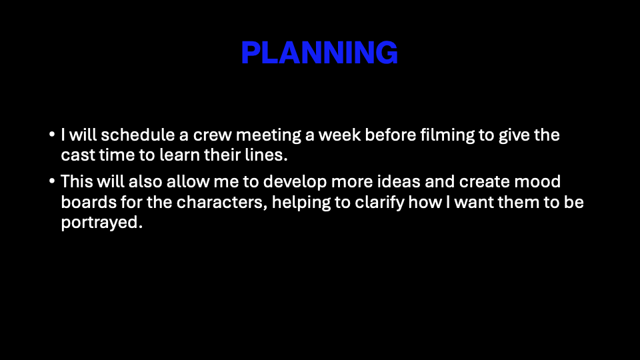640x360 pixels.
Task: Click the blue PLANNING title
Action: (x=319, y=53)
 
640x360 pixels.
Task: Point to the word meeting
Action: (x=268, y=135)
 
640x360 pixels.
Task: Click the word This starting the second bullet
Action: (x=77, y=181)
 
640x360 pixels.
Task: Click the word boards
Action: (x=89, y=202)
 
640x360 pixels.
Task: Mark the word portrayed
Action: (x=101, y=223)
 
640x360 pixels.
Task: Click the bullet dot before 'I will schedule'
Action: (x=52, y=134)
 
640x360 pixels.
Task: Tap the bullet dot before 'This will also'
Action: (x=52, y=181)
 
